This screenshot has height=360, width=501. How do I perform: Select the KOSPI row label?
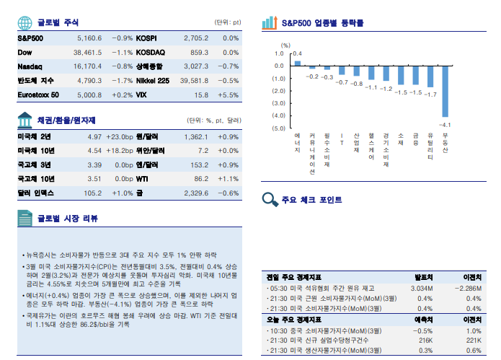pos(146,38)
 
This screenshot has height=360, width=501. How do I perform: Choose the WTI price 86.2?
pos(197,178)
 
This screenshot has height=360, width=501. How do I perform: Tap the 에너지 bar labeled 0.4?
pos(297,63)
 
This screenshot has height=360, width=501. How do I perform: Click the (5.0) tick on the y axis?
pos(278,128)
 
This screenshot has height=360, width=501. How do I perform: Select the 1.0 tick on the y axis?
pos(280,53)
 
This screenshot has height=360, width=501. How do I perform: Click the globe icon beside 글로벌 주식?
pos(25,22)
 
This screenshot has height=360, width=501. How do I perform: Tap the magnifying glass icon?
pos(270,200)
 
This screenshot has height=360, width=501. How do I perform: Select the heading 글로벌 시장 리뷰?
pos(68,218)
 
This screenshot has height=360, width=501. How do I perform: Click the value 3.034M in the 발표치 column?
pos(421,288)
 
